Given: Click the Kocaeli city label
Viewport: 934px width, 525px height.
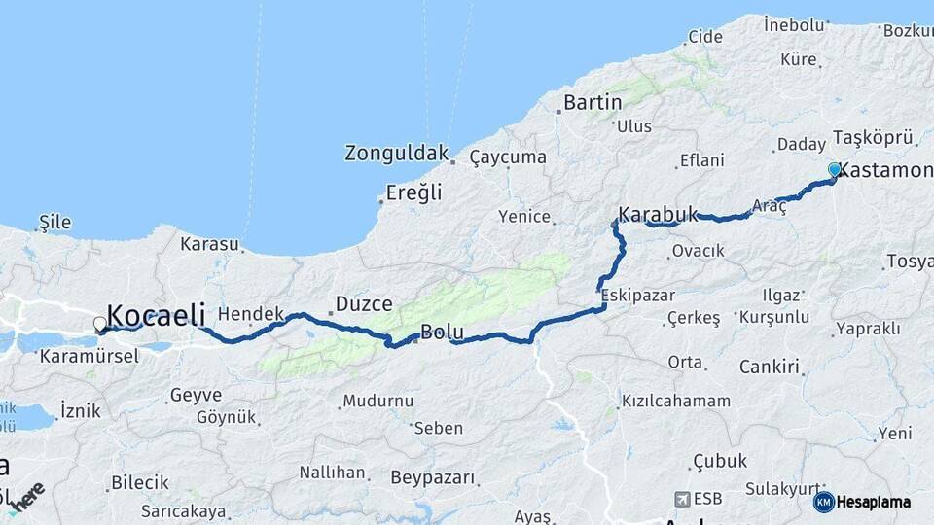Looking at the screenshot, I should [156, 314].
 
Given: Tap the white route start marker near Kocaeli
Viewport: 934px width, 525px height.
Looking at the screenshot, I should [100, 324].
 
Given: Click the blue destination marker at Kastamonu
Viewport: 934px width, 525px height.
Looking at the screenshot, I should [834, 170].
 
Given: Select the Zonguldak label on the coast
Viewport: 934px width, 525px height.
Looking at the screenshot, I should [397, 153].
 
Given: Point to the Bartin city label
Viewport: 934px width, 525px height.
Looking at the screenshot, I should [593, 102].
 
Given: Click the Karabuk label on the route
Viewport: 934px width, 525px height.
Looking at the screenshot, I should [658, 214].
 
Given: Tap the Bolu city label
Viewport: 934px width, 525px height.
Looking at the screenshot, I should [442, 332].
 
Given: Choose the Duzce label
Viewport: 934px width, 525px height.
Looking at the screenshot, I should [364, 304].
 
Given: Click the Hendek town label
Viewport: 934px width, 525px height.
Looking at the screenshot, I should [250, 313].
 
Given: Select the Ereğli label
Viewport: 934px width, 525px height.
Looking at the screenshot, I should [413, 192].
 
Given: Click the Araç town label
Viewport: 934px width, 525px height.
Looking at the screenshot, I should [770, 206].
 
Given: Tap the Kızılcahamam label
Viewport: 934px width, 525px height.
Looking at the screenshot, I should [676, 401].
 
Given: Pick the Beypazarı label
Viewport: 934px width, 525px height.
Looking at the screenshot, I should [433, 477].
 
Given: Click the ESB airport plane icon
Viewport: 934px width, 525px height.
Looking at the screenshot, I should [681, 499].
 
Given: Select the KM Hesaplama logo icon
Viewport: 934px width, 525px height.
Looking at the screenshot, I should [823, 502].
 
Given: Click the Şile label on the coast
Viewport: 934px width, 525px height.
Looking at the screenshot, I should [54, 222].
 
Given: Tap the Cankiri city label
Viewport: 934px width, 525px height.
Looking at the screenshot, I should [769, 367].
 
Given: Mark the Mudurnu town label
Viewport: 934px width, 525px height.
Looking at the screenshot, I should [378, 401].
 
